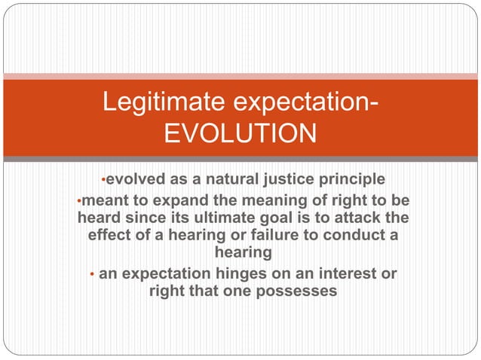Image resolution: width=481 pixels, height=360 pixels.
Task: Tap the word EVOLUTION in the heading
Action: (240, 134)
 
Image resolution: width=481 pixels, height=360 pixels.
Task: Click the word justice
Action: (290, 180)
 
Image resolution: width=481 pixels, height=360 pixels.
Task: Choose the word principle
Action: (352, 180)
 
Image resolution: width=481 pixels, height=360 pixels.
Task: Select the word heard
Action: (100, 218)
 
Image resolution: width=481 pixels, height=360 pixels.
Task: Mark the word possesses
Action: (296, 291)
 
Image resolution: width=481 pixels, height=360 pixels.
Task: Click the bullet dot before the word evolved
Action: (103, 181)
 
